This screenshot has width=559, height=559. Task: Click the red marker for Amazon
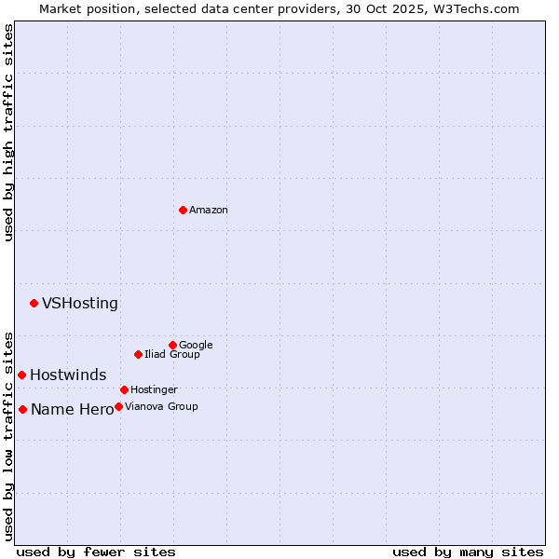tap(183, 210)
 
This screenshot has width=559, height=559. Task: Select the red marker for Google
tap(172, 345)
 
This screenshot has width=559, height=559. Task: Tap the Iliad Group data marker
tap(138, 354)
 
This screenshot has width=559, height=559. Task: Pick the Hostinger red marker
tap(124, 389)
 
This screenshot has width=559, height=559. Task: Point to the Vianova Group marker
tap(118, 406)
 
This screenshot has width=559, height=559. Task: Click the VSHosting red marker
tap(34, 303)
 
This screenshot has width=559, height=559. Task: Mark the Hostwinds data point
tap(21, 375)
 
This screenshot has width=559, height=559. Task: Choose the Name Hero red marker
tap(22, 409)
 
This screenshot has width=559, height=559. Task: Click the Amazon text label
tap(209, 211)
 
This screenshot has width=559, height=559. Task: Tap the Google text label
tap(196, 346)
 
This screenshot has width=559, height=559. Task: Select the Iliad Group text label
tap(172, 355)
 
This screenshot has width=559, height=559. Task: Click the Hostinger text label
tap(154, 389)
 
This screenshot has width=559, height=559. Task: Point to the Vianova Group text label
tap(161, 407)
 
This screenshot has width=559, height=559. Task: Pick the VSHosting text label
tap(80, 304)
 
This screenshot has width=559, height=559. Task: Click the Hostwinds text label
tap(68, 375)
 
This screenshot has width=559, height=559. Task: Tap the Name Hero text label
tap(72, 410)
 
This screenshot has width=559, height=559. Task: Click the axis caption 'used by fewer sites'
tap(96, 552)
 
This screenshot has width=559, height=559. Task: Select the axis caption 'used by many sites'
tap(468, 552)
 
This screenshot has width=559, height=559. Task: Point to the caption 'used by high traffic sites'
tap(9, 132)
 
